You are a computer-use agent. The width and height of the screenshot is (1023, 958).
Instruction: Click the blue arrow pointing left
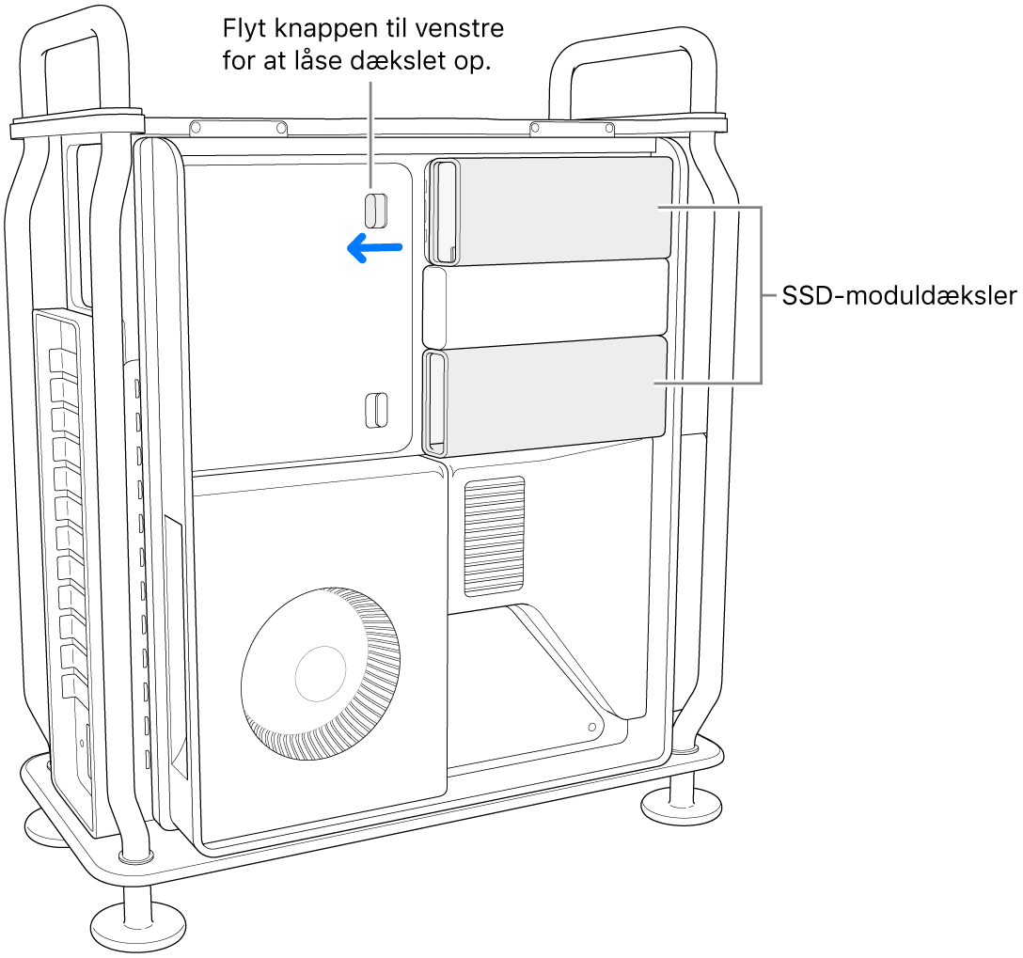coord(374,249)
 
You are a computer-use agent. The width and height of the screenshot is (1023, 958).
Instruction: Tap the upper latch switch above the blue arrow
coord(375,210)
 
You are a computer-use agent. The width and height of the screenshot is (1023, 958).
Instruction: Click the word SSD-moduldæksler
coord(900,297)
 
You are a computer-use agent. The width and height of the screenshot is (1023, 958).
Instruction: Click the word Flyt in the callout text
coord(242,29)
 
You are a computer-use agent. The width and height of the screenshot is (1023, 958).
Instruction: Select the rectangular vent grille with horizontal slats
coord(494,536)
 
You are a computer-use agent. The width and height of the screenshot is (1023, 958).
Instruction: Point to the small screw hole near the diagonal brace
coord(590,726)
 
